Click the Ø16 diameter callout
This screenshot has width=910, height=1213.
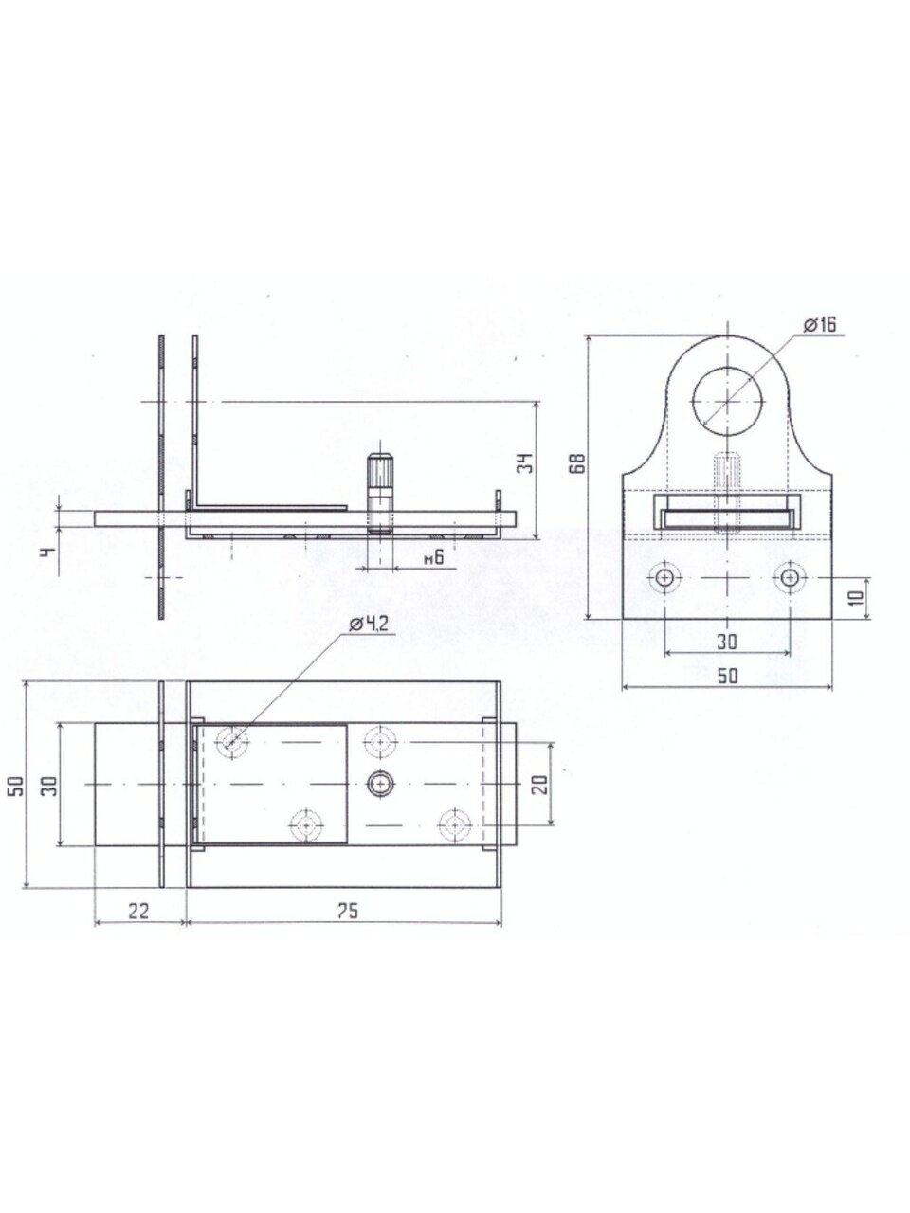(x=820, y=325)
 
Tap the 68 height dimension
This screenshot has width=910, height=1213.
(x=578, y=462)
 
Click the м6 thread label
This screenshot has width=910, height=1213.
(x=434, y=556)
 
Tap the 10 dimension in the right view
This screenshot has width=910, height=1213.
(x=855, y=598)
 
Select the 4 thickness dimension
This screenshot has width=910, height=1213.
(x=49, y=552)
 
